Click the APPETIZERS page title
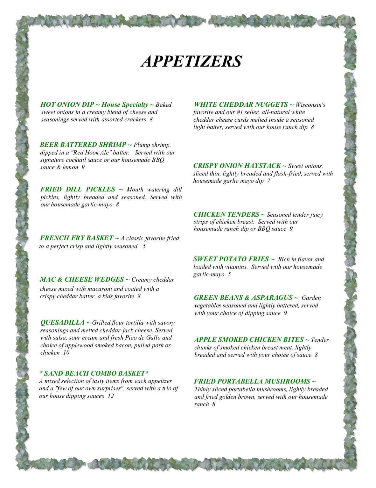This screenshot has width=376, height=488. [x=191, y=61]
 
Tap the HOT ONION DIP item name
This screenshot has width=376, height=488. [x=67, y=104]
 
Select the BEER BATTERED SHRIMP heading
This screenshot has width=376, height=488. [x=83, y=145]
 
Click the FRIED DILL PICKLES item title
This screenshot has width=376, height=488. [x=78, y=189]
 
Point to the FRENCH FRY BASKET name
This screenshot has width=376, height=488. [x=76, y=238]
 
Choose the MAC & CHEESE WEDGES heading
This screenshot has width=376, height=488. [x=82, y=279]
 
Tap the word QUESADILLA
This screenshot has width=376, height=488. [x=62, y=322]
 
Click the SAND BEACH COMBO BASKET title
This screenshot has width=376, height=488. [x=94, y=373]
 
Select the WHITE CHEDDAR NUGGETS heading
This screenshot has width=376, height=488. [x=241, y=104]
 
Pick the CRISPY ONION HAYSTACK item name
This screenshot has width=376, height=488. [x=237, y=166]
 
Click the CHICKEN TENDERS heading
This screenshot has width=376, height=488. [x=226, y=214]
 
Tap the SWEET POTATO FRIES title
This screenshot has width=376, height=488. [x=231, y=259]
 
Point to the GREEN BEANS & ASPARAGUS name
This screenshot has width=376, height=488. [x=243, y=298]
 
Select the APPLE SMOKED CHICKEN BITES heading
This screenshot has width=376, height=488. [x=249, y=340]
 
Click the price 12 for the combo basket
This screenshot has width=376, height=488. [x=111, y=396]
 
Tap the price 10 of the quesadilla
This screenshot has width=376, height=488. [x=66, y=353]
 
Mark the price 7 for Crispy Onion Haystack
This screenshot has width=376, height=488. [x=268, y=181]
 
